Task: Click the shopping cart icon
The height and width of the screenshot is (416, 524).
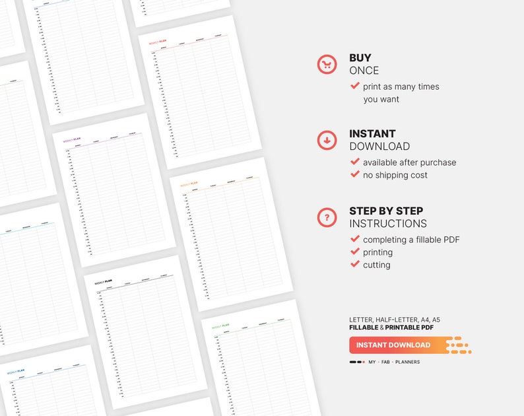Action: click(x=327, y=64)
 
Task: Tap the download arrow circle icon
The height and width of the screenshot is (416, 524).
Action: click(x=327, y=140)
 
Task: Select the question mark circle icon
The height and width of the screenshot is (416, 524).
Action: click(x=327, y=217)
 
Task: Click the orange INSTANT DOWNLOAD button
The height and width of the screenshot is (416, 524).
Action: click(x=394, y=345)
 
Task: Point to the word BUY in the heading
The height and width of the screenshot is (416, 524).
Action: click(x=360, y=58)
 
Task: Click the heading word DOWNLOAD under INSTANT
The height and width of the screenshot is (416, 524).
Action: click(x=379, y=147)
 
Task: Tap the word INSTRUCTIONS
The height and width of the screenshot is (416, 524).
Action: click(x=388, y=224)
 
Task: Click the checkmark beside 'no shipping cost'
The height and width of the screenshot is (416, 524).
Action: click(x=355, y=174)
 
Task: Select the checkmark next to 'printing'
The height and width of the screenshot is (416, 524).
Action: click(x=355, y=252)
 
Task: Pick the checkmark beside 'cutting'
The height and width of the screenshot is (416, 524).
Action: click(x=355, y=264)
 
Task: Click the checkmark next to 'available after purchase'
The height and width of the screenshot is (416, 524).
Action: click(x=355, y=162)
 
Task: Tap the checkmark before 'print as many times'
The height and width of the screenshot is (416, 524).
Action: click(x=355, y=86)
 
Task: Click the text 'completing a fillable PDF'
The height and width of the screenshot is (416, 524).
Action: click(x=411, y=240)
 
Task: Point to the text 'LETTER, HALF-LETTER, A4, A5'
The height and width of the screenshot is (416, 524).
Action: click(x=395, y=320)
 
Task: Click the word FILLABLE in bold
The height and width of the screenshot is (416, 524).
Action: click(x=364, y=328)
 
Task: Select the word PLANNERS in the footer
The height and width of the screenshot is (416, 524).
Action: click(x=407, y=362)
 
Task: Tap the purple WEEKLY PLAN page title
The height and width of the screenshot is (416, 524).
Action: click(x=72, y=140)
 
